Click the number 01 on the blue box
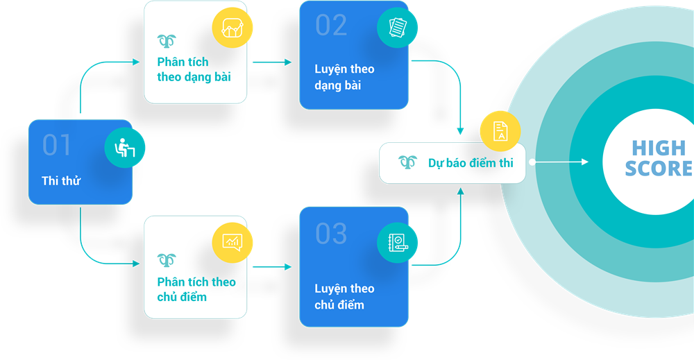coord(57,145)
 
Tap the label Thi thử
coord(61,181)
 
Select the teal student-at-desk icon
coord(125,148)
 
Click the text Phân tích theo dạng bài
coord(194,69)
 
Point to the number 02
coord(331,26)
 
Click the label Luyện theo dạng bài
coord(344,77)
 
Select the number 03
coord(331,234)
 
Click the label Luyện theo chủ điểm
coord(344,296)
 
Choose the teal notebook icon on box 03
coord(398,243)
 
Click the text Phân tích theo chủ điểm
coord(196,289)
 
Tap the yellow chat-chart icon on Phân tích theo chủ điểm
coord(232,241)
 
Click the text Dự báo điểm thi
coord(471,163)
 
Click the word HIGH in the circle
coord(659,148)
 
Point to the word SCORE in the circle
coord(659,169)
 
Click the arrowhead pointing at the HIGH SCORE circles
coord(584,162)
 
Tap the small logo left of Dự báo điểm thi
coord(407,162)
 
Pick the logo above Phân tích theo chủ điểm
coord(167,260)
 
